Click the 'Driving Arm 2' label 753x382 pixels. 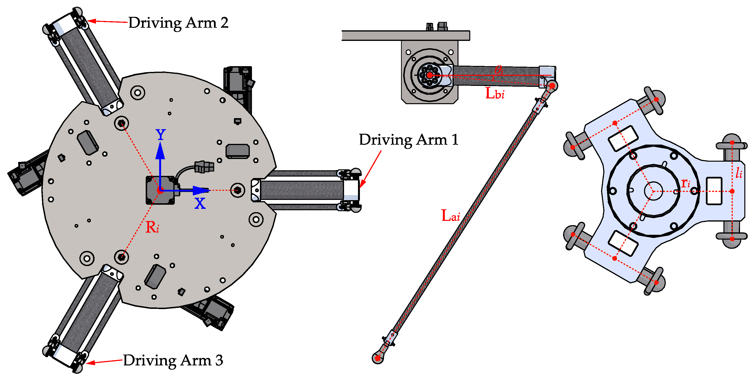[178, 23]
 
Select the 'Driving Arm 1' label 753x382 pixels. [408, 140]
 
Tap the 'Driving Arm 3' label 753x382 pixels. [173, 360]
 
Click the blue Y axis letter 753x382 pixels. [160, 135]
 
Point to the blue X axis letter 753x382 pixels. [200, 203]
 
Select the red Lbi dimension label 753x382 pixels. [495, 94]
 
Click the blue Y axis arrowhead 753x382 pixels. [160, 150]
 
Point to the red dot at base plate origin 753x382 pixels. [160, 191]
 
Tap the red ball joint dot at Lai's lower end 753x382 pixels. [377, 358]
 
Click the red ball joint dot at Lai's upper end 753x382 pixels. [552, 86]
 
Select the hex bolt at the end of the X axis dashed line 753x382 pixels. [238, 191]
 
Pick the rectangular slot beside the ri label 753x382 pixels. [714, 191]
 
